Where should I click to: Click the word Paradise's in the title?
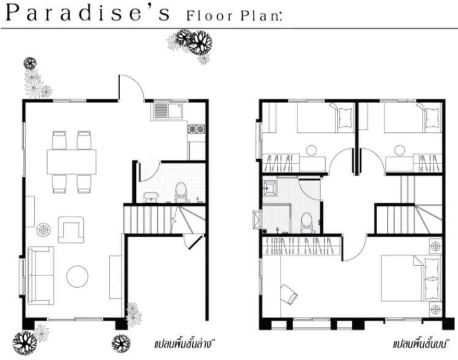pos(88,13)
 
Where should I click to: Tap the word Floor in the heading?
pos(209,16)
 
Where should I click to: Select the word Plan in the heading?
pos(260,16)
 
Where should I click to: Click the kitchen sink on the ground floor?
pos(167,110)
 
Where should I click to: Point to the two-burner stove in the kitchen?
pos(197,129)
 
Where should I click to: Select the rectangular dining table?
pos(72,162)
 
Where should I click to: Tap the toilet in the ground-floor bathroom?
pos(181,192)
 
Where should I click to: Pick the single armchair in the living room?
pos(71,230)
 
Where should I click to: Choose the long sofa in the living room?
pos(40,276)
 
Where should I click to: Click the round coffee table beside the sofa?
pos(77,276)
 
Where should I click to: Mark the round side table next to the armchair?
pos(43,230)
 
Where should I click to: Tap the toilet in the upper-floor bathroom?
pos(306,222)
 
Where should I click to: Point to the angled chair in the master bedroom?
pos(288,294)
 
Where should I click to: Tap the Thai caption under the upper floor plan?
pos(420,344)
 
